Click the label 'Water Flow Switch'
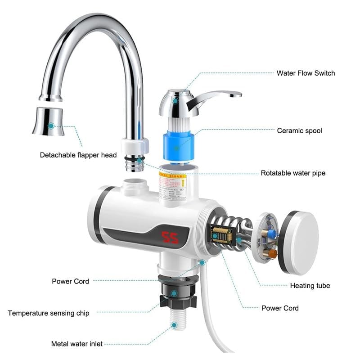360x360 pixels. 306,73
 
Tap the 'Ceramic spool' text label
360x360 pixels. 299,130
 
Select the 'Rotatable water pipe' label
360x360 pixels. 293,173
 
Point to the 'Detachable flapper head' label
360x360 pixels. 78,155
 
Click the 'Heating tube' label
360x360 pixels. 310,285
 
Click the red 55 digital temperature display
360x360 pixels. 171,238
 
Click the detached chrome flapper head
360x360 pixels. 49,121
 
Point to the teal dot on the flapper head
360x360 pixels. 51,126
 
